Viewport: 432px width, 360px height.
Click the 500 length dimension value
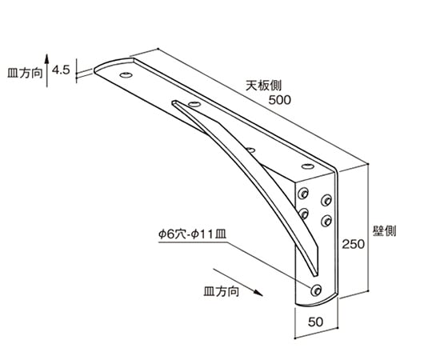[x=280, y=100]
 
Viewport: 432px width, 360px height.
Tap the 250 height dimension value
[x=354, y=244]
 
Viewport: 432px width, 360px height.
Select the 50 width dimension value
[x=315, y=322]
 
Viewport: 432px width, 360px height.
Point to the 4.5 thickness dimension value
[x=61, y=70]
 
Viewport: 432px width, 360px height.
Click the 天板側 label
[x=264, y=86]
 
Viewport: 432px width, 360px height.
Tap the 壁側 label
[x=384, y=231]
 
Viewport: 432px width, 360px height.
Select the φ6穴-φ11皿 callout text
[x=192, y=234]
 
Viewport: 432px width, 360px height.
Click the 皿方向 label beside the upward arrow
[x=25, y=73]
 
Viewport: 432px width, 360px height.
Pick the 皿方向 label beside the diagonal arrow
[x=222, y=291]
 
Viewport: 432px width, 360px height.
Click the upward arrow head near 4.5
[x=47, y=58]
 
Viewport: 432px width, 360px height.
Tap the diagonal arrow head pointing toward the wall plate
[x=258, y=294]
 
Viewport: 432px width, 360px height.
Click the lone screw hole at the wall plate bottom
[x=316, y=290]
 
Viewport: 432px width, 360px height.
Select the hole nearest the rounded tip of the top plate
[x=126, y=75]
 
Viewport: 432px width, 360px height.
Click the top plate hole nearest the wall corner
[x=308, y=166]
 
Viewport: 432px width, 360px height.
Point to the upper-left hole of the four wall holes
[x=303, y=194]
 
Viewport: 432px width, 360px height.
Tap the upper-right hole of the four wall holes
[x=326, y=200]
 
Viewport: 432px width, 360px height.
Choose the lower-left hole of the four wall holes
[x=303, y=214]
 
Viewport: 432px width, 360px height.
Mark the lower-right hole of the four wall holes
[x=326, y=221]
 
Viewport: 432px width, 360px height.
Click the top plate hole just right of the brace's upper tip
[x=194, y=104]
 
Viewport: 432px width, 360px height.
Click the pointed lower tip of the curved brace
[x=315, y=275]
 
